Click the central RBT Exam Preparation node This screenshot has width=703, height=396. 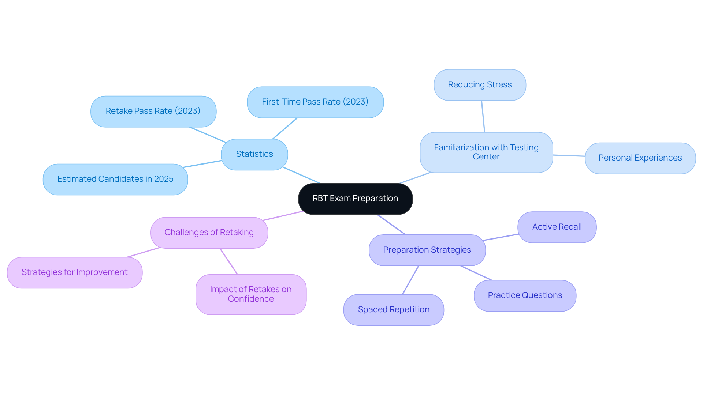[x=355, y=199]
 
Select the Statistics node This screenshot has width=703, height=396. [x=254, y=154]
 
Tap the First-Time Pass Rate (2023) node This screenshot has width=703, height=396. [x=315, y=102]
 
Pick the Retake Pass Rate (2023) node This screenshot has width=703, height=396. [x=153, y=111]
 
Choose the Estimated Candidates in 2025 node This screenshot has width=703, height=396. [x=115, y=179]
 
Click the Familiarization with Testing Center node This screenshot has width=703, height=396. [x=486, y=152]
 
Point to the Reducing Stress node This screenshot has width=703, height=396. [x=480, y=85]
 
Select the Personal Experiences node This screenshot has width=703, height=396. [x=640, y=158]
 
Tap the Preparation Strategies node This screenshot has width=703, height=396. [x=427, y=250]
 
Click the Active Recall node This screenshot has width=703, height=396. [x=557, y=227]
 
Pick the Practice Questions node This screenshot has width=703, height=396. [x=525, y=295]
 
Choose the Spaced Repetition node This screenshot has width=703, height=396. [x=394, y=310]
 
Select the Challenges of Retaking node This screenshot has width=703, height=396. [x=209, y=233]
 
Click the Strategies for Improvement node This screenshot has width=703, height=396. [x=75, y=272]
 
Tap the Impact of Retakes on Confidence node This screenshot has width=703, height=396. [x=251, y=294]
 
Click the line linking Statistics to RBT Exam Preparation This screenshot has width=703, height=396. [x=302, y=176]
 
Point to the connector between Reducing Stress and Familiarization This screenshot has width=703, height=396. [x=483, y=116]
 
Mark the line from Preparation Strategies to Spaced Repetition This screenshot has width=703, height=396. [x=410, y=280]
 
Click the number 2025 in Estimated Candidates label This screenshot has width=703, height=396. [x=164, y=179]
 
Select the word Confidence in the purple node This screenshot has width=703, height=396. [x=251, y=299]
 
